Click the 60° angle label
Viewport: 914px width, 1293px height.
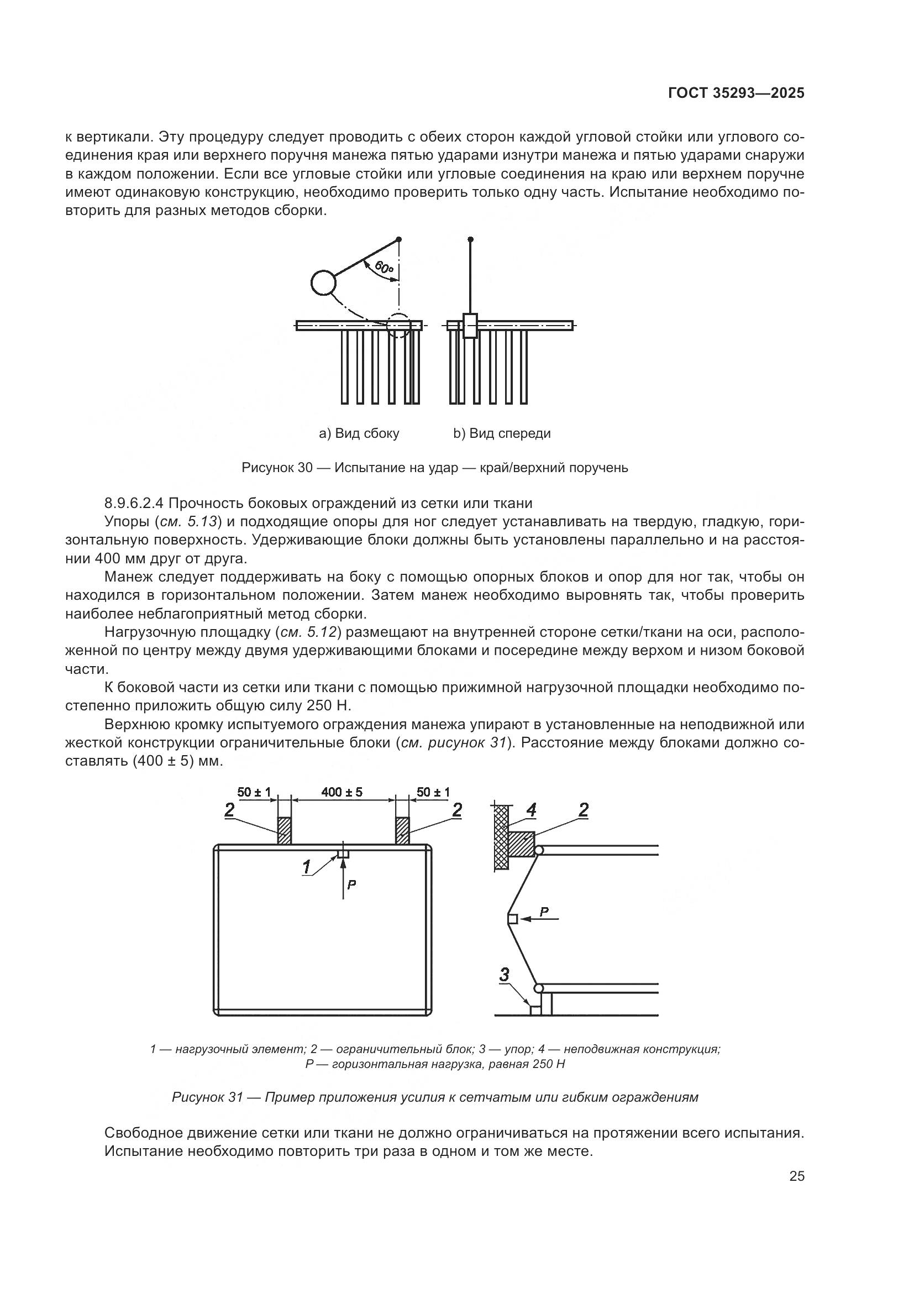click(384, 268)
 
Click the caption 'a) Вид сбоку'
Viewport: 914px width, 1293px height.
click(359, 433)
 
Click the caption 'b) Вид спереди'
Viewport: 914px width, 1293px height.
click(502, 433)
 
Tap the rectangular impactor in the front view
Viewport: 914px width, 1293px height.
click(470, 326)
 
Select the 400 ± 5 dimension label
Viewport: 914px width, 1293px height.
click(342, 792)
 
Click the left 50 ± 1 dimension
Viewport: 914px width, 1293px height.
click(254, 792)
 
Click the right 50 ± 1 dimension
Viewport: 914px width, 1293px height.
click(433, 792)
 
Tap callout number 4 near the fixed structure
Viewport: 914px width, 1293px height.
click(530, 810)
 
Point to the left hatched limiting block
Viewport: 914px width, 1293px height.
click(285, 831)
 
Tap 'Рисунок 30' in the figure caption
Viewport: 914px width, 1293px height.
click(276, 468)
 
